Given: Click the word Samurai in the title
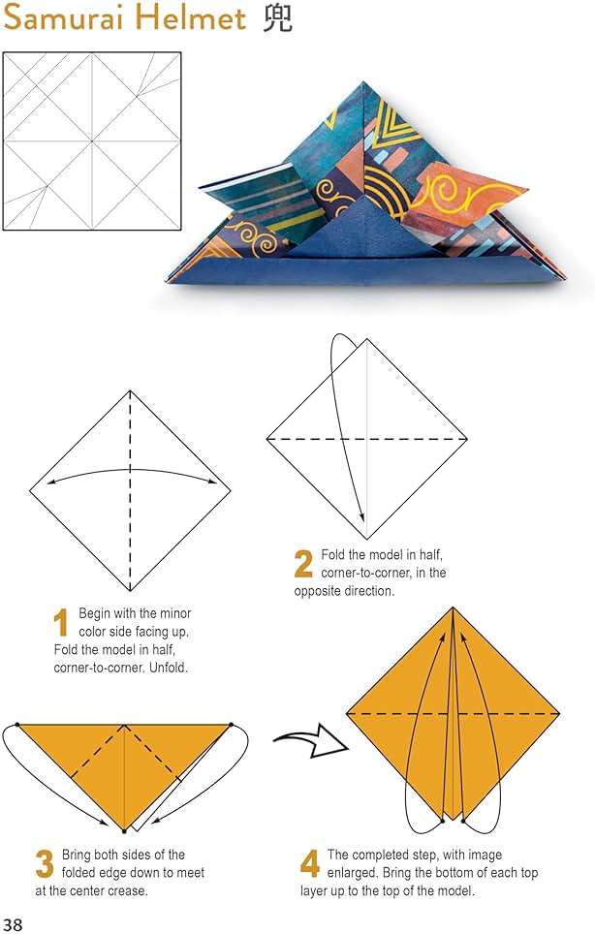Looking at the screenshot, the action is [x=71, y=17].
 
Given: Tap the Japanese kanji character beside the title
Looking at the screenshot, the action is [x=277, y=17].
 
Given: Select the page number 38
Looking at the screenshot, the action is [x=13, y=924].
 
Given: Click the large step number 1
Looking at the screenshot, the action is [x=61, y=622].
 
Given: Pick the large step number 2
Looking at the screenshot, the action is [x=303, y=564].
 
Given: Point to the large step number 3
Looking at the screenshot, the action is [x=45, y=864].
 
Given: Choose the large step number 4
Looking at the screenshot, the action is [x=310, y=864].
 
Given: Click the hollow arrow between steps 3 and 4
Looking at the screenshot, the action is [x=311, y=741].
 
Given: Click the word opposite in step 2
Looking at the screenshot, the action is [x=319, y=591].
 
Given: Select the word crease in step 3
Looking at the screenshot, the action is [x=126, y=891].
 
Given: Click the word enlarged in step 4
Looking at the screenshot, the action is [x=352, y=873].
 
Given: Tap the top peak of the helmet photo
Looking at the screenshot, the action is [x=362, y=82].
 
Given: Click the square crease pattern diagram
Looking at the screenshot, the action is [x=92, y=140].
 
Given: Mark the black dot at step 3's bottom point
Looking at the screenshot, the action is [x=124, y=829].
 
